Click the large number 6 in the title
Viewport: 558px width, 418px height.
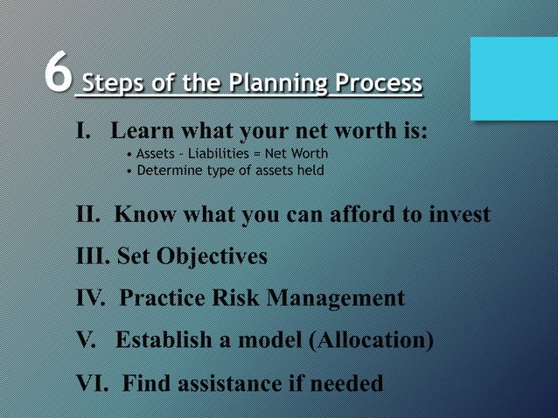(59, 73)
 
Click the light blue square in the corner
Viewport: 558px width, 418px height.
(513, 79)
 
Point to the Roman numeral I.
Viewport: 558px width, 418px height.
(83, 131)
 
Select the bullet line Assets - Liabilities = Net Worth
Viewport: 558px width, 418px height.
(232, 154)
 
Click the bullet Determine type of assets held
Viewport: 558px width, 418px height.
(229, 170)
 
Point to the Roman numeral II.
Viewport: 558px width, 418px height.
(88, 214)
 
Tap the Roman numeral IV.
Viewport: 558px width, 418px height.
(91, 298)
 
